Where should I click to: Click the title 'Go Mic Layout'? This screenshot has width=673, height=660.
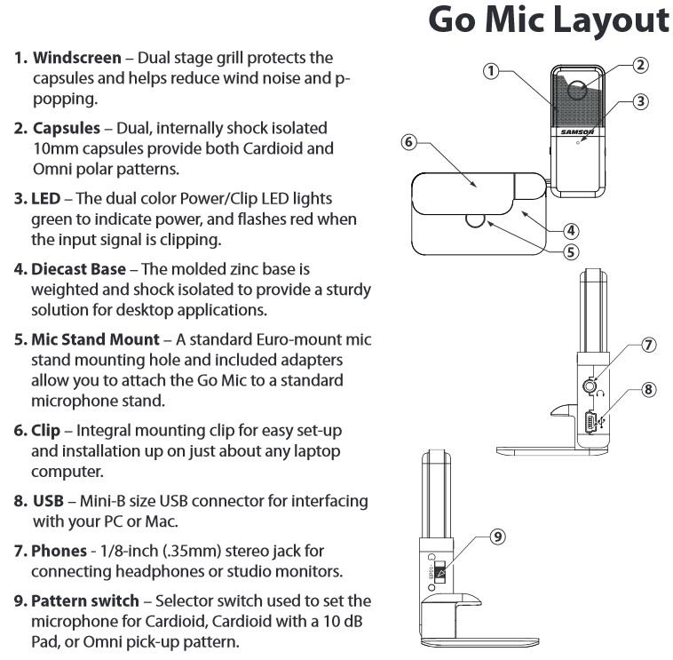[548, 20]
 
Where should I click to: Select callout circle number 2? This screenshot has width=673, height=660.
[640, 65]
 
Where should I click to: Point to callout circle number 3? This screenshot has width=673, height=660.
[640, 101]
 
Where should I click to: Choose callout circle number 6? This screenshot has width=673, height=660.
[409, 142]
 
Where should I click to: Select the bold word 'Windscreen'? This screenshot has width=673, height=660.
[77, 59]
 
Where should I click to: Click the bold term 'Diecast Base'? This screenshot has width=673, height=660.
[78, 268]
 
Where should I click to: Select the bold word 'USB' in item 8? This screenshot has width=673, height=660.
[47, 500]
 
